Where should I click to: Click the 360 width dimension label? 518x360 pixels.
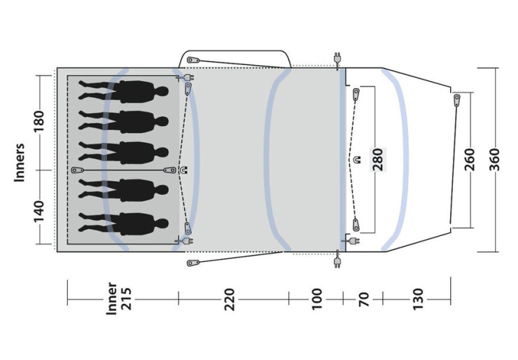coord(494,160)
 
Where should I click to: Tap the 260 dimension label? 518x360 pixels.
coord(470,160)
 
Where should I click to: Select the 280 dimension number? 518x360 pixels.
coord(378,160)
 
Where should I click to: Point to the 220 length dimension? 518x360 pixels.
coord(230,300)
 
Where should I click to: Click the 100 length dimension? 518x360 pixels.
coord(317,300)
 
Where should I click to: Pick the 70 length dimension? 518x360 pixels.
coord(364,300)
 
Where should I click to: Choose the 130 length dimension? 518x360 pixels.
coord(418,300)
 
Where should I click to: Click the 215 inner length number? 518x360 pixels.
coord(126,299)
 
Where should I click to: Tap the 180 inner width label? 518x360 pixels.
coord(38,121)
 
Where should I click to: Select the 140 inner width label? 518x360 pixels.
coord(38,212)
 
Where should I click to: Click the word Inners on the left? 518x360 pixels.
coord(20,162)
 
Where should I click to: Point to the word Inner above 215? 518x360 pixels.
coord(112,298)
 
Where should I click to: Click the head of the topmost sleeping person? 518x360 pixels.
coord(162,91)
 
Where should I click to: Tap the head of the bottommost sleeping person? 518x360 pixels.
coord(162,223)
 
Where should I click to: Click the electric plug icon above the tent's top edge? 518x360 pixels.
coord(337,59)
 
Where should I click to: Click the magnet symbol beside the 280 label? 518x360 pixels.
coord(357,160)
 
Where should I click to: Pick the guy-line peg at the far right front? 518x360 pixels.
coord(457,100)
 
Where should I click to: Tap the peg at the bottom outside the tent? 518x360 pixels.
coord(193,263)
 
